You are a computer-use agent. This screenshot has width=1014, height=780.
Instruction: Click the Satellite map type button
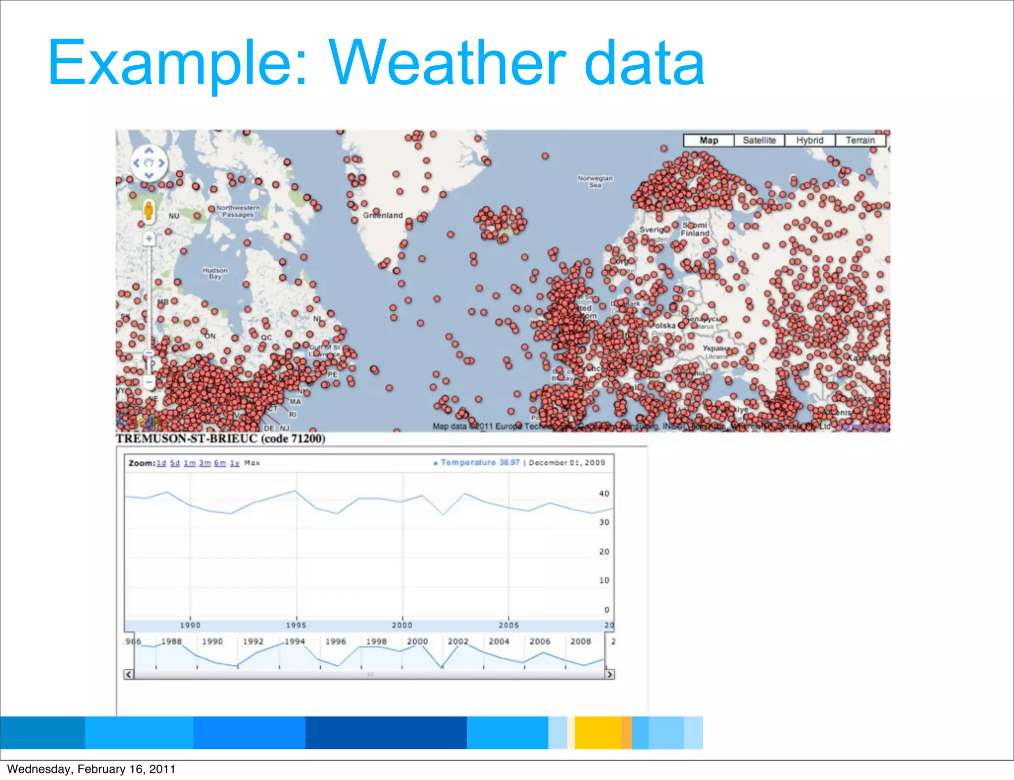click(x=759, y=141)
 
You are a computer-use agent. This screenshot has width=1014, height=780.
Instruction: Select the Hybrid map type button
click(x=810, y=141)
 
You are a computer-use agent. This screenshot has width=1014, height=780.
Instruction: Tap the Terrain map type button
click(x=860, y=141)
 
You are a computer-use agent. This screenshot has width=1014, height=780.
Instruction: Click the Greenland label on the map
click(x=383, y=215)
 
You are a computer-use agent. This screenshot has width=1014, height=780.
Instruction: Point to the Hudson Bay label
click(x=215, y=273)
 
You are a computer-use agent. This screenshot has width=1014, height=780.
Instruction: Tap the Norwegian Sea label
click(x=595, y=181)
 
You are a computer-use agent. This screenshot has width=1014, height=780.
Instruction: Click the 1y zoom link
click(x=235, y=463)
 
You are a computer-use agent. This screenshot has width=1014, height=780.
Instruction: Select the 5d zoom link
click(x=175, y=463)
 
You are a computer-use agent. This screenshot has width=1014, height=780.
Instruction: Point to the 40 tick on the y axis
click(x=604, y=493)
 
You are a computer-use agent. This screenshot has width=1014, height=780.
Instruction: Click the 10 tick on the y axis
click(x=604, y=580)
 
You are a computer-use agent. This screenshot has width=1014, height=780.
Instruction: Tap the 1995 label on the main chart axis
click(x=296, y=625)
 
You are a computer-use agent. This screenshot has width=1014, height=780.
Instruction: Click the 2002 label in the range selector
click(x=458, y=641)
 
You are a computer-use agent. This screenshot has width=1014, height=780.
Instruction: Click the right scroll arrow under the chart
click(x=609, y=674)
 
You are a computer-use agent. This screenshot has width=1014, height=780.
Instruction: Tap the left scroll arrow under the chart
click(x=128, y=674)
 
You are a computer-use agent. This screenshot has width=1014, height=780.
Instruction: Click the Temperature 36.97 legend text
click(x=479, y=463)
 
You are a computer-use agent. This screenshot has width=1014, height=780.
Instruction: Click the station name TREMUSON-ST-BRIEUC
click(x=187, y=439)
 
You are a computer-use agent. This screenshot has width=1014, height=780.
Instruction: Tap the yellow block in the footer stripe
click(x=597, y=732)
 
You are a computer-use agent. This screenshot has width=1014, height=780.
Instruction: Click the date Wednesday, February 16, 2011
click(x=91, y=769)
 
